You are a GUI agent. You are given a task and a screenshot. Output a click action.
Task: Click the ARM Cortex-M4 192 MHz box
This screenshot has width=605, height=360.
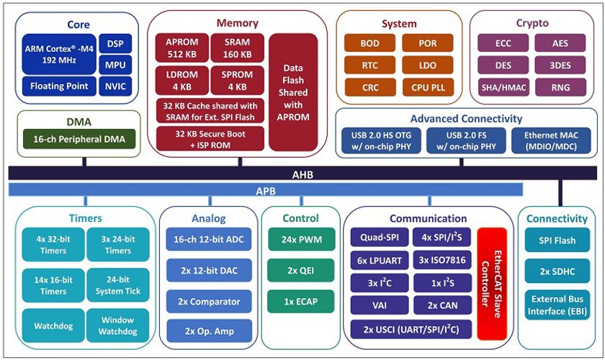(x=59, y=55)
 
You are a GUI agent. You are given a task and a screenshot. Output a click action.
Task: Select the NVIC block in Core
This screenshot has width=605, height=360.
(x=115, y=86)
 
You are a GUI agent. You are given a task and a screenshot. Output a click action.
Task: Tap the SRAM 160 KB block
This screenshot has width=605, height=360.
(x=237, y=48)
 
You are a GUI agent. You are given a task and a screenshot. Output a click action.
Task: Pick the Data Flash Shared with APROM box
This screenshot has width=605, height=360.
(x=293, y=92)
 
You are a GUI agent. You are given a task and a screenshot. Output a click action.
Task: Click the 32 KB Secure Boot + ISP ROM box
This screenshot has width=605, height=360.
(x=210, y=139)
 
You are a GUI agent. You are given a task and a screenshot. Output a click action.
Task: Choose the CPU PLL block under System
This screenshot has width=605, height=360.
(x=428, y=87)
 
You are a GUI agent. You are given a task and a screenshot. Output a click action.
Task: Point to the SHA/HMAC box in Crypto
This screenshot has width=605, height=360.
(x=503, y=87)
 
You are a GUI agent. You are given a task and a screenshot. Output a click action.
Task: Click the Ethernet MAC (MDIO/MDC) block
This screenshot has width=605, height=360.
(x=551, y=141)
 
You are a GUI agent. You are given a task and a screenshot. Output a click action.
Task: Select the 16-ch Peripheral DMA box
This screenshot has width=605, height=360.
(x=79, y=139)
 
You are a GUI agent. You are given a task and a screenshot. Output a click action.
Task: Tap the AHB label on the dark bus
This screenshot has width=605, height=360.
(x=302, y=175)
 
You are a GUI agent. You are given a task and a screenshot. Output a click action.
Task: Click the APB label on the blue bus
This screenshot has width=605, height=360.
(x=266, y=191)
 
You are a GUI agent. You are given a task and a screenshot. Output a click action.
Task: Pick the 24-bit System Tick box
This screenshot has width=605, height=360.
(x=118, y=285)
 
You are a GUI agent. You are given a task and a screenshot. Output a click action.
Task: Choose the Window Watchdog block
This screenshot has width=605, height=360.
(x=117, y=325)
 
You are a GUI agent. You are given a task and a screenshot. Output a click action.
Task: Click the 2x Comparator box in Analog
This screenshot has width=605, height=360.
(x=209, y=302)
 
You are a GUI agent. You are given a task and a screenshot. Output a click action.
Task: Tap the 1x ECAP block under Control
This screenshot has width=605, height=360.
(x=301, y=302)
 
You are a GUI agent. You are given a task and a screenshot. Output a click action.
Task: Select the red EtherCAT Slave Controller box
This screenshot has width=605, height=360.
(x=492, y=284)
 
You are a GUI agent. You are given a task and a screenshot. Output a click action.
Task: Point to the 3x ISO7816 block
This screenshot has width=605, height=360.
(x=442, y=260)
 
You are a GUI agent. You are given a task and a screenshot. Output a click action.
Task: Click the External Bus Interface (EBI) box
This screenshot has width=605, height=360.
(x=557, y=305)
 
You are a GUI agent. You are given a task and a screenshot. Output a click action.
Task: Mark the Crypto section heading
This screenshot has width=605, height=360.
(x=532, y=23)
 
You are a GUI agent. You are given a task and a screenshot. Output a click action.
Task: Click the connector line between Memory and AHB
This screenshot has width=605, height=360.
(x=240, y=162)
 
